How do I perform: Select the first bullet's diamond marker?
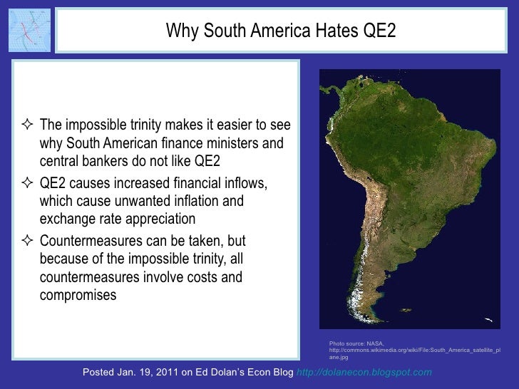pos(29,127)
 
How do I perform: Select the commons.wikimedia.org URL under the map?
pos(414,351)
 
